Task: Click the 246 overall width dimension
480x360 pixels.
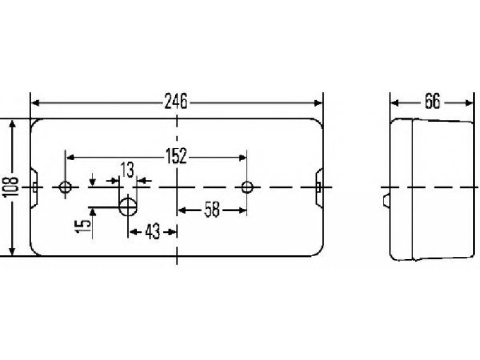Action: [x=176, y=101]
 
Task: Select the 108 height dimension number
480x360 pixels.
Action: [x=11, y=187]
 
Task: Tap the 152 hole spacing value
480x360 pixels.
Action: [x=176, y=156]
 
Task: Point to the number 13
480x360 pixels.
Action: [x=127, y=170]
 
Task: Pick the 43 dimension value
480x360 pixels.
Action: [x=152, y=232]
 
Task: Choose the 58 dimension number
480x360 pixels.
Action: [x=212, y=209]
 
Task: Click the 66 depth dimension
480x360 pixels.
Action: [x=433, y=101]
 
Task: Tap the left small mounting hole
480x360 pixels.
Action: [x=65, y=187]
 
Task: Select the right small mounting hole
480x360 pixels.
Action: [x=247, y=187]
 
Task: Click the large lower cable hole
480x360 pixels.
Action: [x=128, y=207]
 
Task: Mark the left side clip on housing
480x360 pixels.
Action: [x=34, y=187]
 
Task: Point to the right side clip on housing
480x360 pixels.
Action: [x=319, y=187]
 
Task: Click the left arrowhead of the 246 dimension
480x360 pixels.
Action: [x=35, y=103]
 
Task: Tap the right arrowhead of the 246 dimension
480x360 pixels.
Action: [x=319, y=103]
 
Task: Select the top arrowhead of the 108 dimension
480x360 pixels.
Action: [x=12, y=124]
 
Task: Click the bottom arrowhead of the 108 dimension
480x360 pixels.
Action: [x=12, y=251]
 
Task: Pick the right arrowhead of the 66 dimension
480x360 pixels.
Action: [x=469, y=103]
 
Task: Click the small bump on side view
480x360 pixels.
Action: [x=386, y=200]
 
